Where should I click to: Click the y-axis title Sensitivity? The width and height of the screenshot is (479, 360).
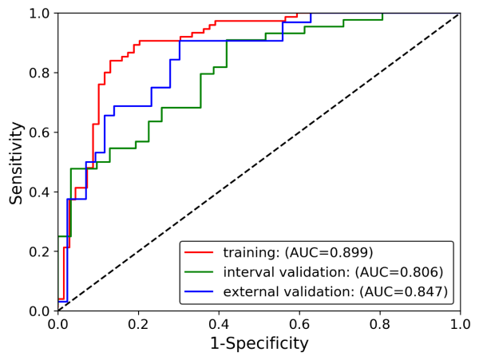tap(17, 162)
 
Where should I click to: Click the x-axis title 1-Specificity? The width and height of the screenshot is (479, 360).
tap(259, 344)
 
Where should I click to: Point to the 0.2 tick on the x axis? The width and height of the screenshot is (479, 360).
tap(138, 325)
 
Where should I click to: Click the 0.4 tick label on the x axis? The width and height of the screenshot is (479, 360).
tap(219, 325)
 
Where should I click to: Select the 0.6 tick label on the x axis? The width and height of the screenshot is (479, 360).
tap(299, 325)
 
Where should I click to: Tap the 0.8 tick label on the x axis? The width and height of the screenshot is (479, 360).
tap(380, 325)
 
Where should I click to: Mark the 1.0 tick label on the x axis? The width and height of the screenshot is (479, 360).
tap(460, 325)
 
